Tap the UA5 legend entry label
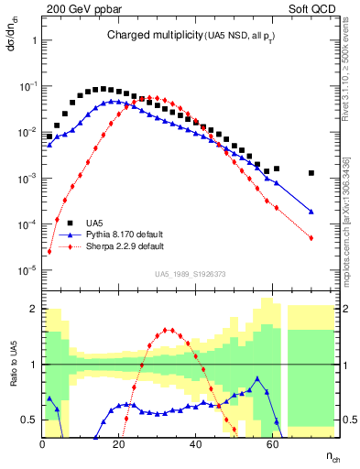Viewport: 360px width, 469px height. tap(94, 223)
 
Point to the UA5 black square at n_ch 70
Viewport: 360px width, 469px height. tap(311, 173)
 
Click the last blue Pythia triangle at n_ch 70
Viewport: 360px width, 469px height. tap(311, 212)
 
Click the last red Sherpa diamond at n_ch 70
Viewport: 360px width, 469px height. tap(311, 238)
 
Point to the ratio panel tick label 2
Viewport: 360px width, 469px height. tap(33, 308)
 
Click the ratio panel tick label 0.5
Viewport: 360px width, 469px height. tap(29, 420)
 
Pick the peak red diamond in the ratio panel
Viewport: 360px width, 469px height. tap(166, 330)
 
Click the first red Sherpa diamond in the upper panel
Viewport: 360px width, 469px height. tap(49, 252)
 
